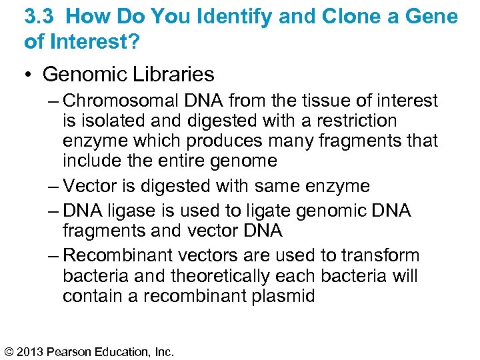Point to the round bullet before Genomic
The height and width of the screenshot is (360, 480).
tap(29, 75)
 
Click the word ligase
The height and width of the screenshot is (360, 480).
tap(129, 211)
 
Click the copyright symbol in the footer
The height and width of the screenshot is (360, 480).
tap(9, 350)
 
